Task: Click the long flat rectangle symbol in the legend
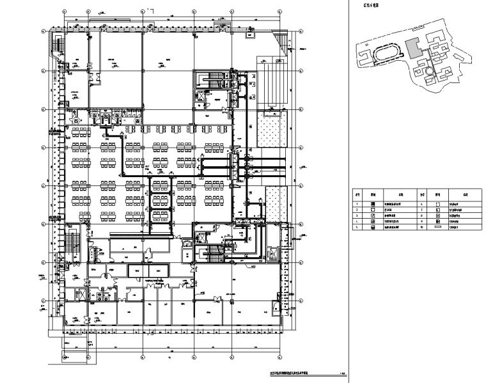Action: click(x=438, y=227)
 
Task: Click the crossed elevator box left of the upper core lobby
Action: click(x=200, y=96)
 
